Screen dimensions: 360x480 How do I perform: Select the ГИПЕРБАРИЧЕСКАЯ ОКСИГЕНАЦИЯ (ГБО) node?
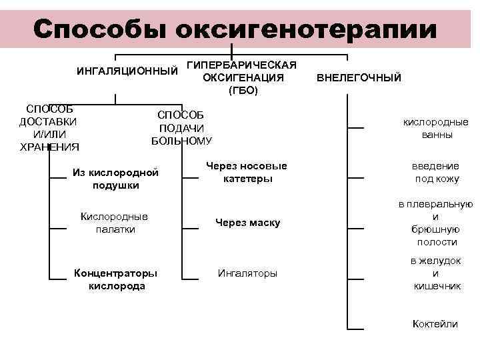coord(242,77)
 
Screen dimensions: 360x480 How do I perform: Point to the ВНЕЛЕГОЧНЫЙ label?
coord(359,77)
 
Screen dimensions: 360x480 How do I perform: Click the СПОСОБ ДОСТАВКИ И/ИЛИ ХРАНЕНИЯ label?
coord(48,128)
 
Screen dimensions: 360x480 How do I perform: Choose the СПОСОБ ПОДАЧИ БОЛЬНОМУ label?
coord(182,127)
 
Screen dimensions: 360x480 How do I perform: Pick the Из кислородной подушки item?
coord(115,179)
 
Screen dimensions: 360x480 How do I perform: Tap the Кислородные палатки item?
coord(114,223)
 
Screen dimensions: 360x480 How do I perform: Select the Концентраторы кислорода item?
coord(116,279)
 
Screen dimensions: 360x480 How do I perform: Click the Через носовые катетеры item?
coord(247,172)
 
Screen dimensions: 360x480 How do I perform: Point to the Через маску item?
coord(247,223)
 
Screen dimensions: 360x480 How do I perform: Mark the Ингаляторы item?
coord(247,273)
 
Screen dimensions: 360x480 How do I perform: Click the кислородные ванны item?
coord(435,128)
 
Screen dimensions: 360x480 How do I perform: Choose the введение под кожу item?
coord(435,172)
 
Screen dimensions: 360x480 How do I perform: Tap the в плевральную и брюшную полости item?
coord(435,223)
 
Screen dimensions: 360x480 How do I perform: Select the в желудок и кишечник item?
coord(435,273)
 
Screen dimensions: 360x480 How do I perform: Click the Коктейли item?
coord(435,324)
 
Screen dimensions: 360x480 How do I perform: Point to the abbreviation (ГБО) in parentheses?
coord(242,89)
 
